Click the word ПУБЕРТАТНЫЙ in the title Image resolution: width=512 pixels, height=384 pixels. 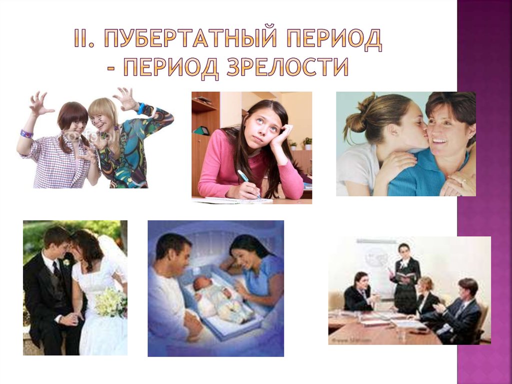[190, 40]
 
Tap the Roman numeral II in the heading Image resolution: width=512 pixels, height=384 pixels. [84, 40]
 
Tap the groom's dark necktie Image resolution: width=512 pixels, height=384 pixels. [56, 271]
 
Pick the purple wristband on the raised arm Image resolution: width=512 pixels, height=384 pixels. [26, 134]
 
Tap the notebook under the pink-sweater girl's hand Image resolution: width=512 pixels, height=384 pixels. [235, 200]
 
